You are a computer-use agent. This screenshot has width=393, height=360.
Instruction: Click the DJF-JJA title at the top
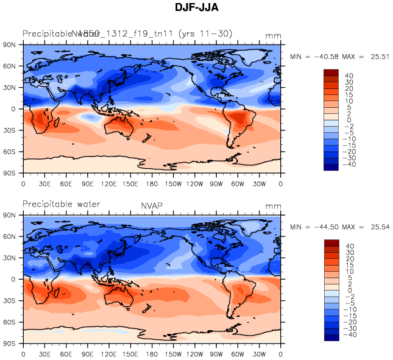click(196, 7)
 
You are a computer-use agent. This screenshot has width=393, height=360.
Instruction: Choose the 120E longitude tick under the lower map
click(109, 353)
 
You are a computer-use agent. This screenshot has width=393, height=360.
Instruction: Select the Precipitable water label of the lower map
click(61, 204)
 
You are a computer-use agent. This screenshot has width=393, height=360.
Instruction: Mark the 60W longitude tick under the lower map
click(238, 353)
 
